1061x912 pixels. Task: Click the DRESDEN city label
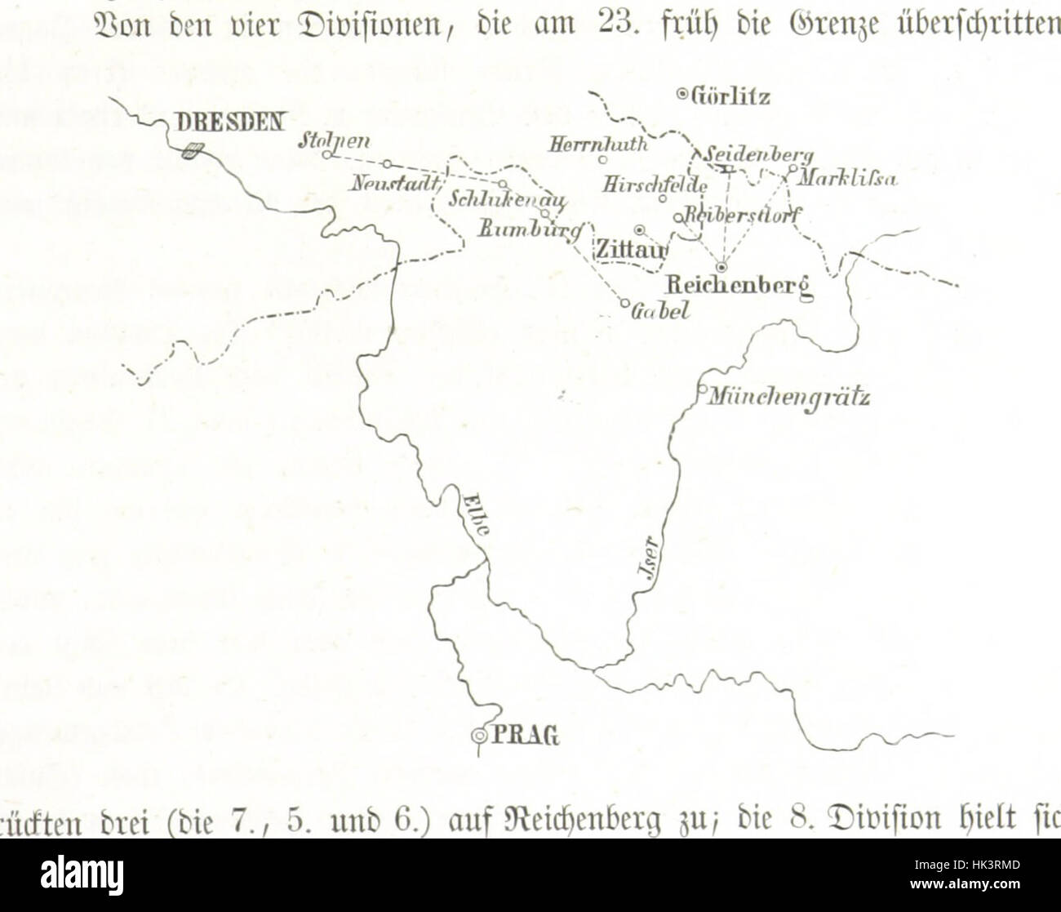(231, 122)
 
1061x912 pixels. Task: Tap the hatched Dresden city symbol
(193, 150)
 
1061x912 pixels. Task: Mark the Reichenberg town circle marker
(721, 266)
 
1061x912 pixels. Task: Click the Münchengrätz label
(788, 398)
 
